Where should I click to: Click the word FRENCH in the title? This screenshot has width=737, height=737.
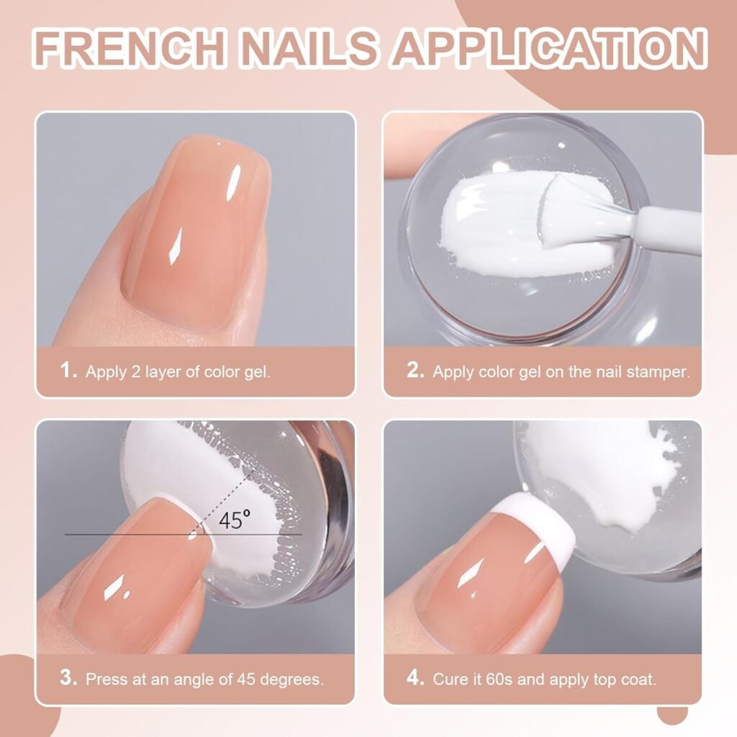(127, 48)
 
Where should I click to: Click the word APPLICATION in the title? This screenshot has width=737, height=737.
(549, 48)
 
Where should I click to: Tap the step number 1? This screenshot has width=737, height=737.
(68, 371)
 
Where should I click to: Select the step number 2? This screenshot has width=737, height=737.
(415, 371)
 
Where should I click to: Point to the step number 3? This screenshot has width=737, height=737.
(68, 678)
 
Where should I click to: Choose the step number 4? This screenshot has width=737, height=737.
(415, 678)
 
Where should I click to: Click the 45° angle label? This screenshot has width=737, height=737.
(235, 520)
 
